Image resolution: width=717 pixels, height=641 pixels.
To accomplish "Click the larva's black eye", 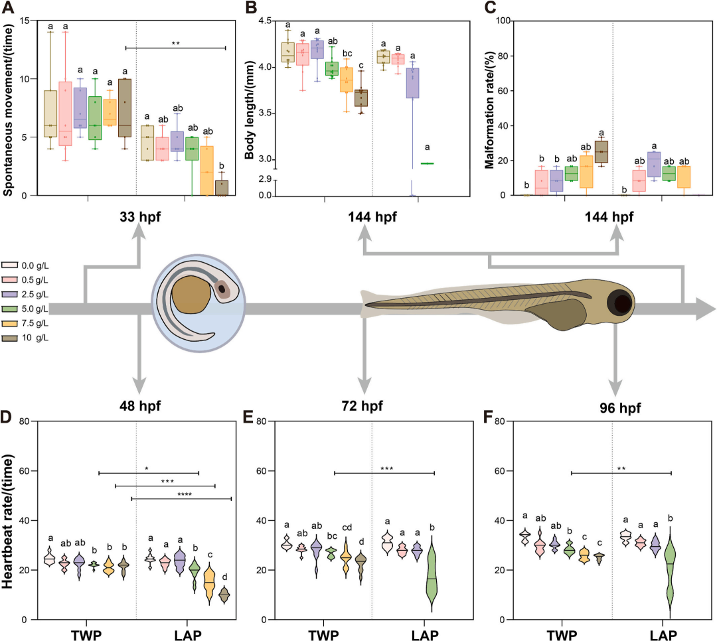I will pos(623,303).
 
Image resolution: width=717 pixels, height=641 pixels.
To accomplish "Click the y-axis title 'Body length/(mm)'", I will pos(250,109).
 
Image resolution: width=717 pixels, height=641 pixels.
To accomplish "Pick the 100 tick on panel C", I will pos(506,21).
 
